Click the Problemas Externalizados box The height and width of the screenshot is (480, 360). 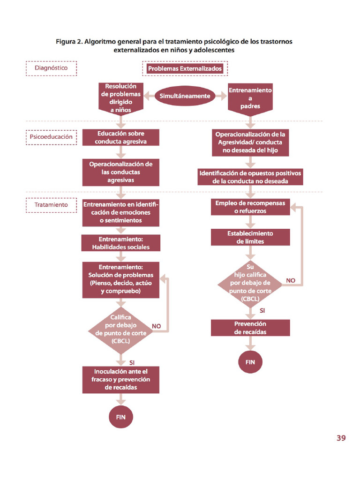[x=185, y=69]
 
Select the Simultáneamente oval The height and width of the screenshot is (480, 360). [x=185, y=96]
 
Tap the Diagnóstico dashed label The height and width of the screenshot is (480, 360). [x=51, y=68]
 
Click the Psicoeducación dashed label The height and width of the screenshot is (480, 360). [x=51, y=137]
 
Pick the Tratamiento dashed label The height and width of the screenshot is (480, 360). [x=51, y=205]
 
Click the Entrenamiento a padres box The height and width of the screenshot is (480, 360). [x=250, y=98]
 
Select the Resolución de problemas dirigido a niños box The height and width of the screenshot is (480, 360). [x=120, y=98]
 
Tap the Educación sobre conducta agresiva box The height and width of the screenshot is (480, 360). [x=120, y=137]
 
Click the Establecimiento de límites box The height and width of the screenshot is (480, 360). [x=250, y=237]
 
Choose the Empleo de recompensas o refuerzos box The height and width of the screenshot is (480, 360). [x=250, y=207]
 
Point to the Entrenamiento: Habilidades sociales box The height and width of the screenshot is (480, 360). [x=120, y=243]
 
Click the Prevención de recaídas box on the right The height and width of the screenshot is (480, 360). [x=250, y=328]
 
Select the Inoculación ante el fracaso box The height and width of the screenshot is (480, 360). [x=120, y=379]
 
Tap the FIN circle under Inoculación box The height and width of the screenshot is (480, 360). [x=120, y=417]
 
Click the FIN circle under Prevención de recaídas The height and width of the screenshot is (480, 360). [x=250, y=362]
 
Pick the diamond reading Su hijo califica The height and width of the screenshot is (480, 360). [x=250, y=283]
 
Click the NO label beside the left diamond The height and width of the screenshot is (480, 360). [x=157, y=325]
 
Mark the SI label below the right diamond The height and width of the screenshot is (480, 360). [x=262, y=310]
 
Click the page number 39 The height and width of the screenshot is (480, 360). [x=341, y=438]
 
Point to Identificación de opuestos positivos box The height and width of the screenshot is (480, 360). [x=250, y=177]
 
